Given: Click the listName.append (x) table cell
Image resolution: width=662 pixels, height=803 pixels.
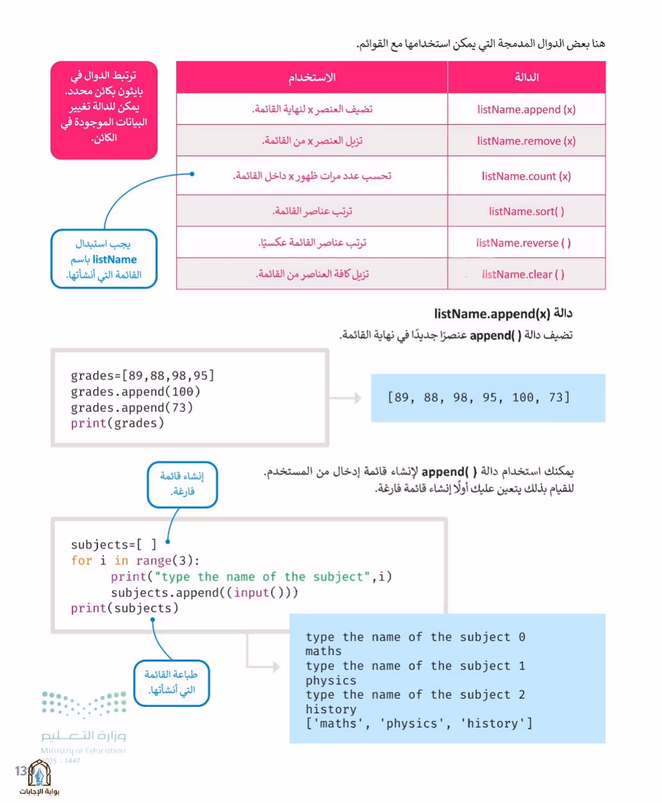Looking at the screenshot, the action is click(526, 109).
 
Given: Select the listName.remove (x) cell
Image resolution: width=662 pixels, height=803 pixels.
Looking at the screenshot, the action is click(526, 141).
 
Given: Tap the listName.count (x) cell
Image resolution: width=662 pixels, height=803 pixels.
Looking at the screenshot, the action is click(526, 176).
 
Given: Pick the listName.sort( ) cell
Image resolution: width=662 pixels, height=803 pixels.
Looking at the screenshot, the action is click(526, 211).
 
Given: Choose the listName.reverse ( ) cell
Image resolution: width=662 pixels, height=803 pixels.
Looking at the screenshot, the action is click(526, 242).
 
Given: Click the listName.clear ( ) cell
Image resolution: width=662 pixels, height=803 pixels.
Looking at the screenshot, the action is click(526, 274).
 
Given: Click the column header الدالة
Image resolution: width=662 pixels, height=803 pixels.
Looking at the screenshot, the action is click(526, 77).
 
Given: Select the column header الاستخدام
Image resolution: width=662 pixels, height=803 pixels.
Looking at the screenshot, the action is click(312, 77).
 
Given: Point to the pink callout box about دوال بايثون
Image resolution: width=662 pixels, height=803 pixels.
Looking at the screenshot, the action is click(104, 110).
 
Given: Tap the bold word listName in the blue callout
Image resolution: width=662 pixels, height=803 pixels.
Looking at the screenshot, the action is click(115, 260).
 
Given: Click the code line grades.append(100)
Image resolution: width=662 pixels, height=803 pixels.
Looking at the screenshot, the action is click(136, 392).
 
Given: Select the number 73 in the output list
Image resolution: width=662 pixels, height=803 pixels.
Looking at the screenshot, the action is click(556, 397).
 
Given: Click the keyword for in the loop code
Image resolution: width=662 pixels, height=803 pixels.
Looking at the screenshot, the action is click(81, 561).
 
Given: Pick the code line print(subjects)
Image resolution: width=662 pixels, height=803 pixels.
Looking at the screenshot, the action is click(125, 608).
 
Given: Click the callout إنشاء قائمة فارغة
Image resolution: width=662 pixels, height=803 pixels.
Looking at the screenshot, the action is click(182, 484).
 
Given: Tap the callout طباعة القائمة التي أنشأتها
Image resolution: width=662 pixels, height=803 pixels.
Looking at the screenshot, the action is click(172, 683).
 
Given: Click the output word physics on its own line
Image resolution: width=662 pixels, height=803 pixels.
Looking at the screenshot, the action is click(331, 681).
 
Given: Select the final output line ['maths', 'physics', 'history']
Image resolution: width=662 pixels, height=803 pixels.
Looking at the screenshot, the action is click(419, 724).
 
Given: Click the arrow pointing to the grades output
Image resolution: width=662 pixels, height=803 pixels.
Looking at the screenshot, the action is click(345, 397).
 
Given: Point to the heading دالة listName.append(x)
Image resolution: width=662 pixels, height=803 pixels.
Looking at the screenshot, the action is click(503, 314).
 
